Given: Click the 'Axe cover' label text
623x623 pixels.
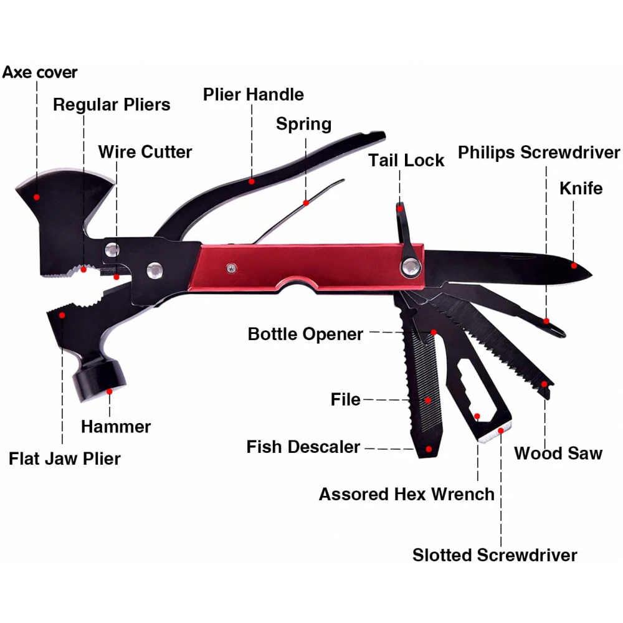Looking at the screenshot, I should coord(40,72).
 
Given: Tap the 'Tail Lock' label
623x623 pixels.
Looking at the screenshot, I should coord(406,160).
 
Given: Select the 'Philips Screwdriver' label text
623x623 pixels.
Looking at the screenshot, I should coord(539,153).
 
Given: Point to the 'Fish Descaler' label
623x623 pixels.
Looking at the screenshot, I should coord(303,447).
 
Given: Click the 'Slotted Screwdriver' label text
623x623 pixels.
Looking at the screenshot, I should coord(495,554).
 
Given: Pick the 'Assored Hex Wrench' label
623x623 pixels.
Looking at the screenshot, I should coord(406,494).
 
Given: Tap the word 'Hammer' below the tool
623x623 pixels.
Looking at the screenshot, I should coord(116,427).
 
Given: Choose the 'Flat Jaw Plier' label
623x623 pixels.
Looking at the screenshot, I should coord(65,459).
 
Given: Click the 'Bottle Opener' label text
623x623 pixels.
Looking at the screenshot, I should coord(305,334).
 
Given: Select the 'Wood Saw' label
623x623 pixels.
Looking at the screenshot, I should coord(558,453).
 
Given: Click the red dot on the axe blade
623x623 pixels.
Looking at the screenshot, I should coord(37,197).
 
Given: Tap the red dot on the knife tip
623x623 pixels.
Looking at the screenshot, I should coord(574,266).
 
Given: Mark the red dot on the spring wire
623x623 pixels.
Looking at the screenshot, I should coord(306,202).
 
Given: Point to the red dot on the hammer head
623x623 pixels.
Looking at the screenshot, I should coord(110,391).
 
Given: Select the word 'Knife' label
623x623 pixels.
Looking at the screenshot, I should coord(581,188).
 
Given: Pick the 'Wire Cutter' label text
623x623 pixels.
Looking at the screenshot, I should coord(145,151).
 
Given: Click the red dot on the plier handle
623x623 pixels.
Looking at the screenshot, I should coord(252,181).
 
